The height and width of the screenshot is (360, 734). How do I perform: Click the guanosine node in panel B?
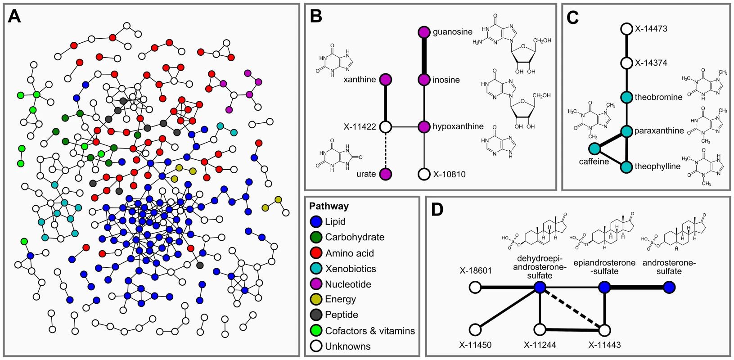tap(424, 32)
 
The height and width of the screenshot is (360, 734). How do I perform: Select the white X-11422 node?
tap(386, 126)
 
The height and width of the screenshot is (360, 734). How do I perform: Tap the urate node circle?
tap(386, 174)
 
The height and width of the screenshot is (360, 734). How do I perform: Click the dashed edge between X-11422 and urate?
tap(386, 150)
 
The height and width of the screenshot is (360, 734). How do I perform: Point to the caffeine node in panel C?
tap(594, 149)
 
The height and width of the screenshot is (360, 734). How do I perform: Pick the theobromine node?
tap(626, 97)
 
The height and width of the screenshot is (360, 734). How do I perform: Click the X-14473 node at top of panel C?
tap(626, 29)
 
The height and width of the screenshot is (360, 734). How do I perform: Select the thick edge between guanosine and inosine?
tap(424, 56)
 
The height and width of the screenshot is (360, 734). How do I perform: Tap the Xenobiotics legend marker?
tap(316, 269)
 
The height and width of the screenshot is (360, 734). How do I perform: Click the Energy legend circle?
tap(316, 299)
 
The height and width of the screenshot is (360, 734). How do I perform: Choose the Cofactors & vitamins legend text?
tap(370, 331)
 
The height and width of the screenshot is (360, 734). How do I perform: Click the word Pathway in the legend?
tap(329, 206)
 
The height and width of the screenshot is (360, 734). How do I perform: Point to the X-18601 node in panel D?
tap(475, 287)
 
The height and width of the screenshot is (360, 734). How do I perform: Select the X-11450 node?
tap(475, 329)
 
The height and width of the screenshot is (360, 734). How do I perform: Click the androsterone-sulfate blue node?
tap(670, 287)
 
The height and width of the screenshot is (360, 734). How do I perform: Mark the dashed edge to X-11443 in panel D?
tap(572, 309)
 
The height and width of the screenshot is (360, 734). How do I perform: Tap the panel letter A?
tap(14, 16)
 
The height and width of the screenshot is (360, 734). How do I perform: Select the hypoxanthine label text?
tap(458, 126)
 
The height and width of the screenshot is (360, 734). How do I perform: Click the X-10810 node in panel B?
tap(424, 174)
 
